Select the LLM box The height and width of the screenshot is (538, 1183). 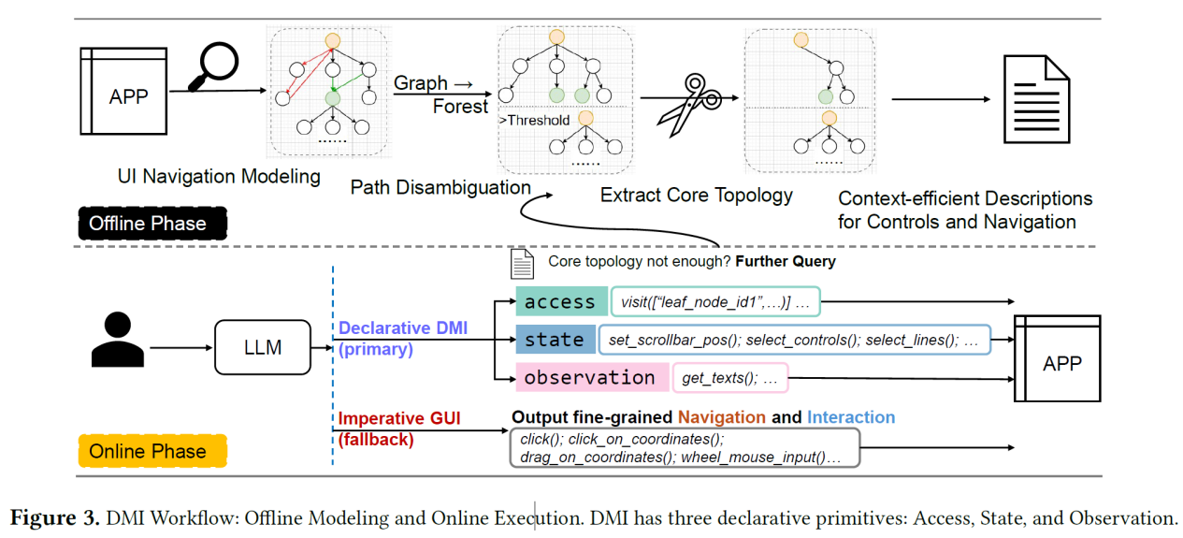tap(264, 348)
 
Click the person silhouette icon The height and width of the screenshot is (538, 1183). tap(117, 341)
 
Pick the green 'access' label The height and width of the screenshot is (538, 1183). tap(559, 302)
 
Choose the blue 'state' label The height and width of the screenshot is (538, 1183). tap(554, 340)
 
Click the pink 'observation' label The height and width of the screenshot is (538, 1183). tap(589, 378)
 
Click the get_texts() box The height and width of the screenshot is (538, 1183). tap(729, 378)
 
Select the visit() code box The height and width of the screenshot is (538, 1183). tap(715, 302)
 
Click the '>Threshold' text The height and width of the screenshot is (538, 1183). tap(534, 120)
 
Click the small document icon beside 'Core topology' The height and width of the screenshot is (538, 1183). tap(522, 263)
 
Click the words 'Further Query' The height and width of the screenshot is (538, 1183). tap(786, 262)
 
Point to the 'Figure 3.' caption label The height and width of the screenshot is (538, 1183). tap(53, 517)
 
